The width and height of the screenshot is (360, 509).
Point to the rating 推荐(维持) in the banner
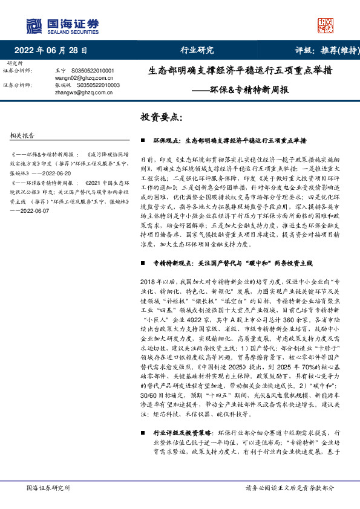(x=332, y=50)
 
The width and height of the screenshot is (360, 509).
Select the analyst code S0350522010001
(x=97, y=71)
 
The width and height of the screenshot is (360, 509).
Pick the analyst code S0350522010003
(x=97, y=85)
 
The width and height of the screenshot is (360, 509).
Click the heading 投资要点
(x=161, y=116)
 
